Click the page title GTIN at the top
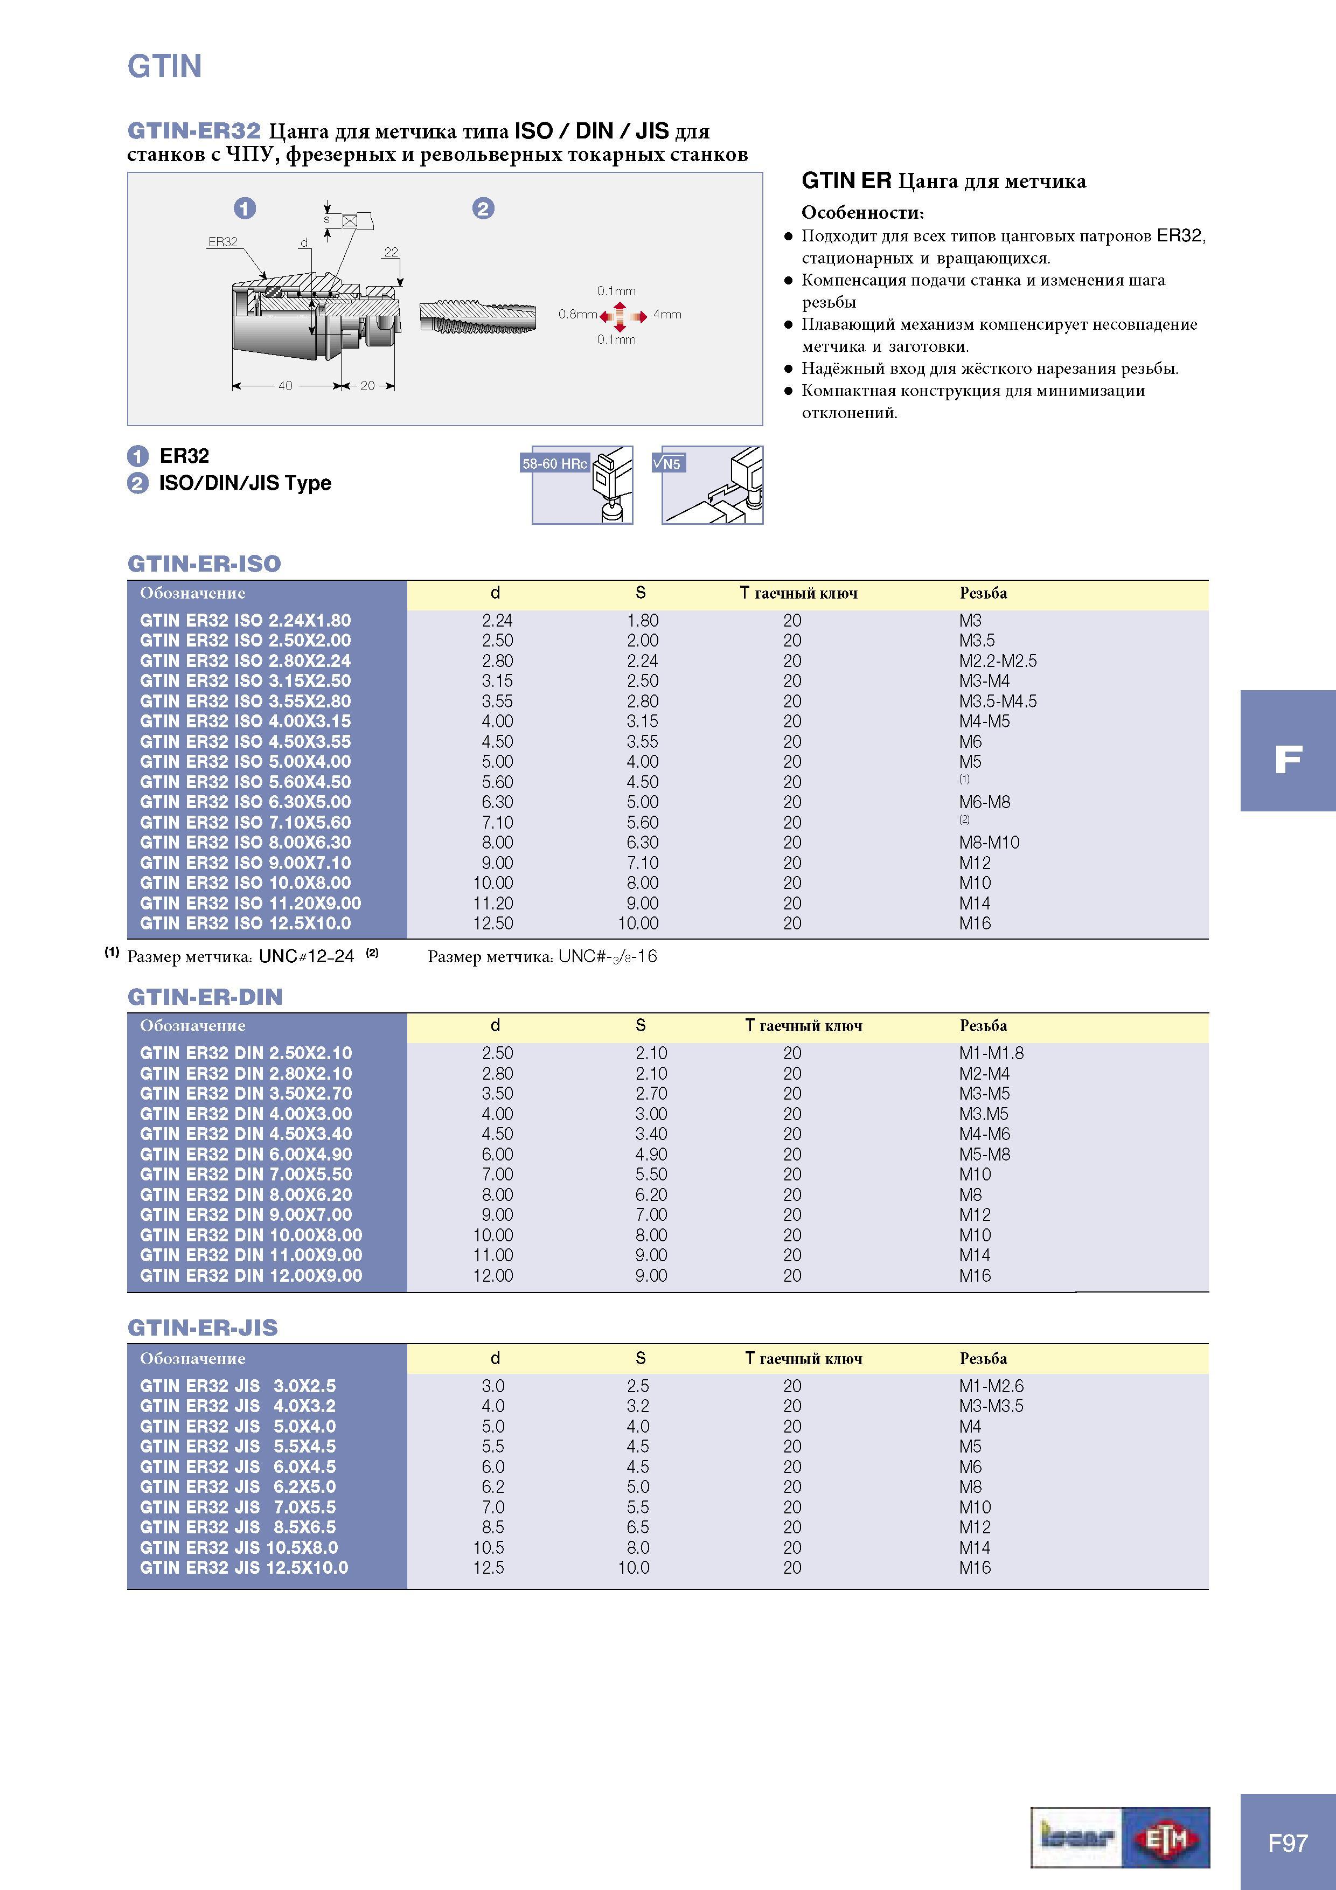coord(165,66)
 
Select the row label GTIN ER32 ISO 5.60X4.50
coord(245,782)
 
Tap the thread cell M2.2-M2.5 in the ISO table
coord(998,661)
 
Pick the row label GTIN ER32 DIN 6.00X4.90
coord(245,1154)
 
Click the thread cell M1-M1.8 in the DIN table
coord(991,1053)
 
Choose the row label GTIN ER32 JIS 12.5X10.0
coord(243,1567)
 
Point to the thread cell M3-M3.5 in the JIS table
coord(991,1406)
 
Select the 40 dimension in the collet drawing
coord(285,385)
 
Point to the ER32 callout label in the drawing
coord(222,242)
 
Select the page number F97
coord(1288,1843)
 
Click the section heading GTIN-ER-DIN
coord(205,997)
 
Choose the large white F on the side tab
coord(1288,759)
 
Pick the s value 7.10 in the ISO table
coord(642,863)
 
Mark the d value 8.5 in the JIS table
coord(492,1527)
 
